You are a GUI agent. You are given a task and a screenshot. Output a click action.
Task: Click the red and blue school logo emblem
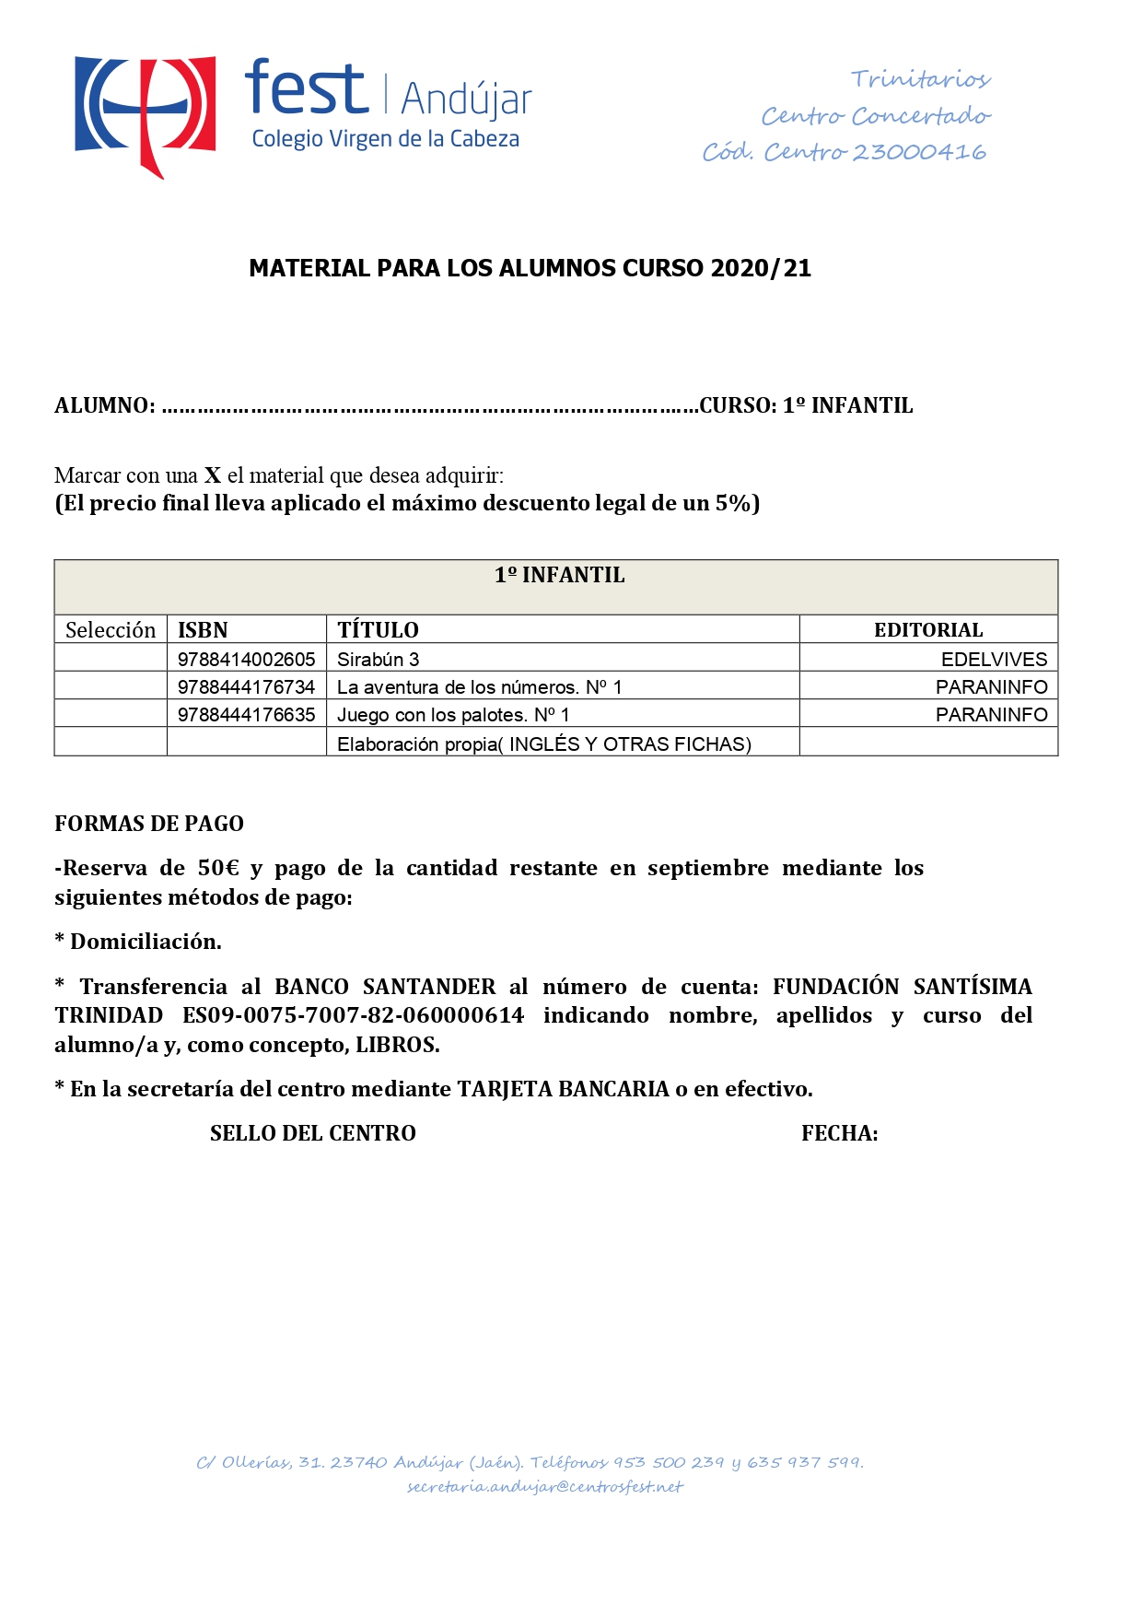click(x=145, y=113)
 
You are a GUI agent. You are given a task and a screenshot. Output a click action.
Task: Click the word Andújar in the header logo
click(x=467, y=100)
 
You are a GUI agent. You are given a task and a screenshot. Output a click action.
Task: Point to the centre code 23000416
click(x=918, y=152)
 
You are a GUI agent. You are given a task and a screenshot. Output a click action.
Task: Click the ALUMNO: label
click(x=104, y=405)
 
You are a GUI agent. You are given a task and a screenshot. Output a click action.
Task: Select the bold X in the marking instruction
click(x=213, y=475)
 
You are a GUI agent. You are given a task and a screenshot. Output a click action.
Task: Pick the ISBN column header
click(x=203, y=630)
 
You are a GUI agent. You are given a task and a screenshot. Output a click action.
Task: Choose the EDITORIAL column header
click(x=928, y=630)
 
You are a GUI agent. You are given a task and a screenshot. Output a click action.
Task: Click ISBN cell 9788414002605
click(x=247, y=660)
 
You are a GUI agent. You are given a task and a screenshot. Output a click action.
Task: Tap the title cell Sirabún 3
click(x=379, y=660)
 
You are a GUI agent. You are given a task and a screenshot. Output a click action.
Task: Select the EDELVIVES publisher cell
click(x=994, y=660)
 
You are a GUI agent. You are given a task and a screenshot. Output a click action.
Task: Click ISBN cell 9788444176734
click(x=247, y=687)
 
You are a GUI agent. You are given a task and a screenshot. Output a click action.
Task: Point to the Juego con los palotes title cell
click(x=453, y=715)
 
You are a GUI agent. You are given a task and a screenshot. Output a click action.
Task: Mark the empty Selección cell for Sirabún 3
click(x=111, y=659)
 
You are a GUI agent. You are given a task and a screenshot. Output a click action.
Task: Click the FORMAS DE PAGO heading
click(x=149, y=824)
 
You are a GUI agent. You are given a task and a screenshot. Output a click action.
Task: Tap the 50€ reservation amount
click(x=218, y=868)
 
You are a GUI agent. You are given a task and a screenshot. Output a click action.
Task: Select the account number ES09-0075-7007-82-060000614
click(x=354, y=1015)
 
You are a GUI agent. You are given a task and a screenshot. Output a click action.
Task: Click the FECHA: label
click(x=839, y=1133)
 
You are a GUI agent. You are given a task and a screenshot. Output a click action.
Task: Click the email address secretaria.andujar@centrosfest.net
click(x=545, y=1487)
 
